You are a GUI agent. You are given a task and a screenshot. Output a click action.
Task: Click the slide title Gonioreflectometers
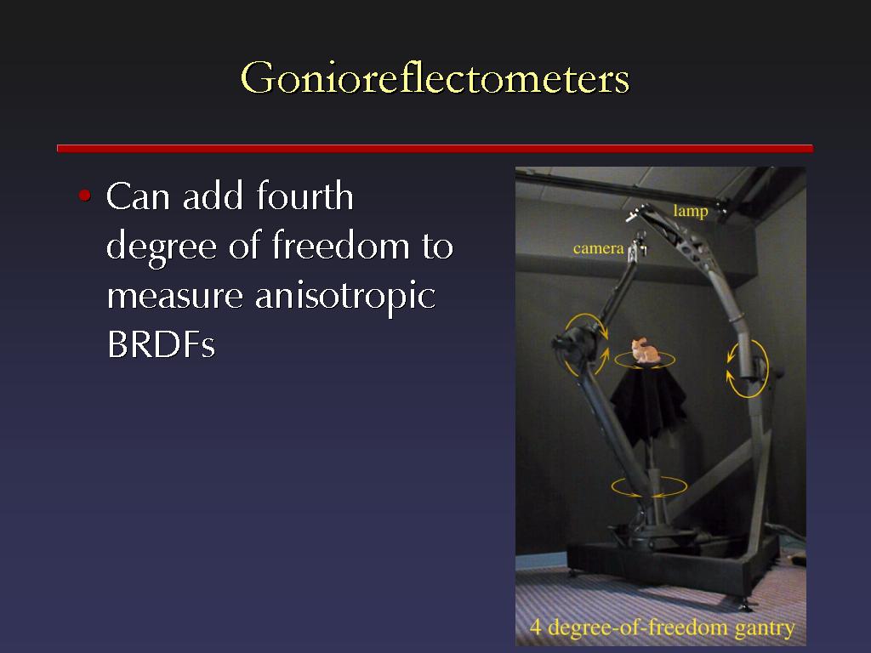(435, 78)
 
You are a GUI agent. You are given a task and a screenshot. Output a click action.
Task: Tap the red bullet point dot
(84, 196)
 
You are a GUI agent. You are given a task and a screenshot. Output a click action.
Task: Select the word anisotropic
(345, 295)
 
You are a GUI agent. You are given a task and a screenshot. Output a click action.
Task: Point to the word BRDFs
(161, 344)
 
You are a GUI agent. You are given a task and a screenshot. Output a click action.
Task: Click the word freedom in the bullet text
(341, 246)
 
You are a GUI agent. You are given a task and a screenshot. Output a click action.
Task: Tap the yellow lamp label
(691, 212)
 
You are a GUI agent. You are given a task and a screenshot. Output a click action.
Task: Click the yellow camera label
(598, 248)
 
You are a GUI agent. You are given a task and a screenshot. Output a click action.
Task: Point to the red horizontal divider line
(435, 148)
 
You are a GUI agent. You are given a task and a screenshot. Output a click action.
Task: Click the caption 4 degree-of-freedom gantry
(662, 627)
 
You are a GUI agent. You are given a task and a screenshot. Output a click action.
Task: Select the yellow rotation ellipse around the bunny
(645, 366)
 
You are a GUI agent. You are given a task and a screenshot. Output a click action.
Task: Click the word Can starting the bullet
(138, 196)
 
